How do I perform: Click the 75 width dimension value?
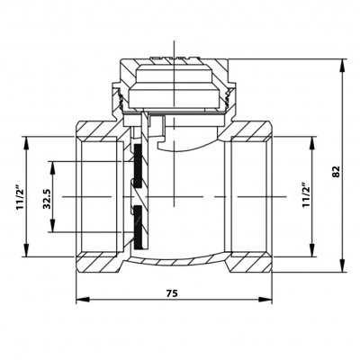173,293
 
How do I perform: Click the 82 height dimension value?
337,172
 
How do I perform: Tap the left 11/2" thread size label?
20,196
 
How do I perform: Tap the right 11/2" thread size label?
306,194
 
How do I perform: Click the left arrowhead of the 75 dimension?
83,300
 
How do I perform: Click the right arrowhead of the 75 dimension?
265,300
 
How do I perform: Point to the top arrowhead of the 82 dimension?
343,65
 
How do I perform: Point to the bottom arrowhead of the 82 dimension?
343,265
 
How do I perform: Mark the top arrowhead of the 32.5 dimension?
52,168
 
